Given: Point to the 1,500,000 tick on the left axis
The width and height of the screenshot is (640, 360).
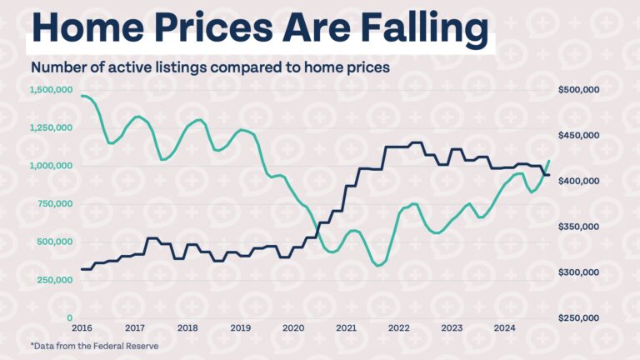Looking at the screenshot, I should point(51,89).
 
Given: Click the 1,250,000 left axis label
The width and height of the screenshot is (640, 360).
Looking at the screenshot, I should point(51,127).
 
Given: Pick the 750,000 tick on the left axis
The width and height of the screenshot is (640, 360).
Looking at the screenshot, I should point(54,203).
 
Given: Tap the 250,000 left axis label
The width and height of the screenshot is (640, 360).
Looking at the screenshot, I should point(54,280).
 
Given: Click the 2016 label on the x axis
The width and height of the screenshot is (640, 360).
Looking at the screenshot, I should point(82,328).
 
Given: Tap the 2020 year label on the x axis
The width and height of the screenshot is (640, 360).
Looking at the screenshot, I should point(293,328).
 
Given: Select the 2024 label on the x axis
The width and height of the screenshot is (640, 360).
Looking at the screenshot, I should point(505,328).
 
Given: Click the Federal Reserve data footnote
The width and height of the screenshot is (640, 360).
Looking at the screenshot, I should point(93,345).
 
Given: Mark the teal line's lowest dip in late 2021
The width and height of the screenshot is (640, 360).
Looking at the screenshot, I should point(378,266).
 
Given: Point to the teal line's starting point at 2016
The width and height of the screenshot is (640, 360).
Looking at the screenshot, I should point(82,96).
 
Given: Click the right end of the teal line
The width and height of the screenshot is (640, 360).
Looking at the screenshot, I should point(549,160).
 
